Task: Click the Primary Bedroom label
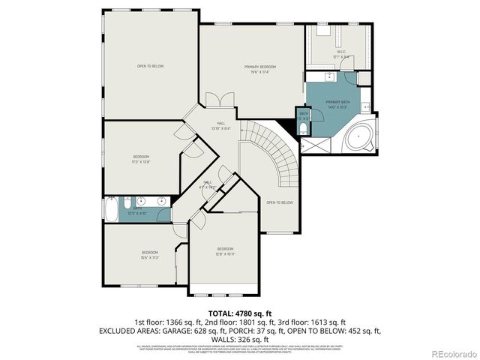tap(256, 70)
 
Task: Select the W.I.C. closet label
tap(341, 54)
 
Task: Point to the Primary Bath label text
tap(337, 103)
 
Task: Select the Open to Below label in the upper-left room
tap(150, 66)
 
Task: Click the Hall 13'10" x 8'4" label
tap(221, 125)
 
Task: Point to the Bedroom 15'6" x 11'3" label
tap(150, 254)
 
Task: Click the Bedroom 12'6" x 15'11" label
tap(225, 250)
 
